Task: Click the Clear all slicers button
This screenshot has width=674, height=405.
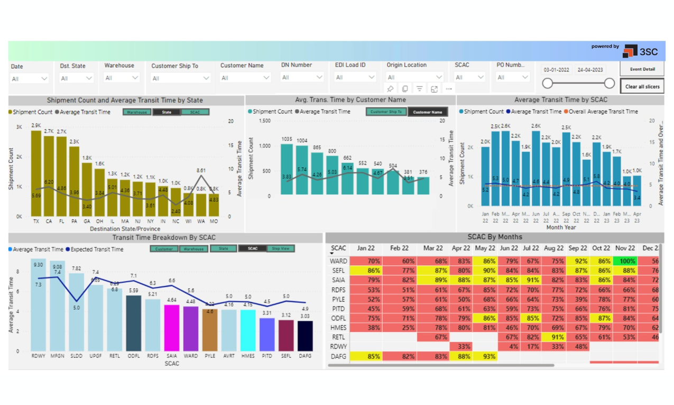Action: [x=642, y=86]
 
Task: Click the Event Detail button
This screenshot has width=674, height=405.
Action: [x=642, y=69]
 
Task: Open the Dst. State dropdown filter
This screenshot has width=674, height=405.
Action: [x=76, y=78]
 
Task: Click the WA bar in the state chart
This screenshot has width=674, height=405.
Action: [x=201, y=204]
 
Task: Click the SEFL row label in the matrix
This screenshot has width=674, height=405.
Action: [x=338, y=271]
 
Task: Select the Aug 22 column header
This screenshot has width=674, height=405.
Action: [x=553, y=248]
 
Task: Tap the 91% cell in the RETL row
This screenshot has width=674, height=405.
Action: [x=553, y=337]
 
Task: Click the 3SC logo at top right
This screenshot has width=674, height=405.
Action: [x=640, y=51]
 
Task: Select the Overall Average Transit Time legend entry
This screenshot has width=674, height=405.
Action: [x=602, y=112]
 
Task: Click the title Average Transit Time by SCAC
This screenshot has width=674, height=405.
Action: [x=560, y=100]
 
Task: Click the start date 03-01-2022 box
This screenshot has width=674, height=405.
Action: [x=557, y=70]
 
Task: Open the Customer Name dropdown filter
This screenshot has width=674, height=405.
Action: [x=245, y=78]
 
